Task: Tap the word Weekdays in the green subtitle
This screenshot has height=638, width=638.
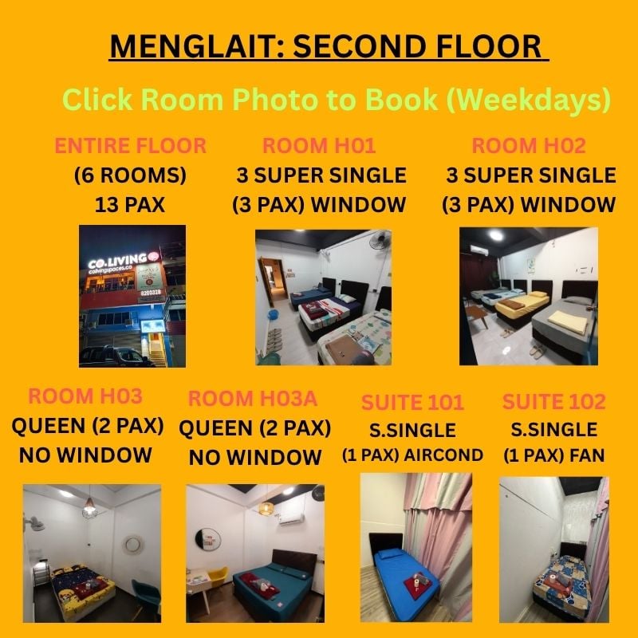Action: pos(528,99)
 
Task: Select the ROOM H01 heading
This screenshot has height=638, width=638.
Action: pos(318,146)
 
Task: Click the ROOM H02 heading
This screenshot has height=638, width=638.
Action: pos(529,146)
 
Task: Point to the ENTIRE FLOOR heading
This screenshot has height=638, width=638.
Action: pos(130,146)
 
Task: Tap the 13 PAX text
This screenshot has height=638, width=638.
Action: pos(130,205)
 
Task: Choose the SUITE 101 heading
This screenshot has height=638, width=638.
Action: pos(412,403)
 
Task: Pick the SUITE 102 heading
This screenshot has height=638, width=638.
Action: pos(553,402)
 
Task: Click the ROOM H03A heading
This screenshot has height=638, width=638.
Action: pos(252,398)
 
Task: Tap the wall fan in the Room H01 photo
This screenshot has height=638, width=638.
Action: pos(380,240)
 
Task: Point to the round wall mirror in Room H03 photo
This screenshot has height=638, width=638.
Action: pos(132,545)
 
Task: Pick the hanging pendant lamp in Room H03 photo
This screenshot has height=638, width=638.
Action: pos(89,508)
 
